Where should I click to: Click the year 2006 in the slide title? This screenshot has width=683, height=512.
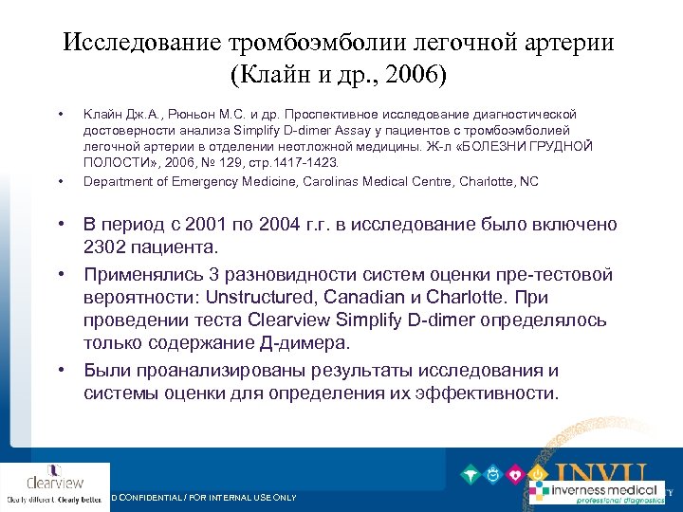tap(396, 74)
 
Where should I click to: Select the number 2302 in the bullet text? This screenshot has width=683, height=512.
tap(110, 247)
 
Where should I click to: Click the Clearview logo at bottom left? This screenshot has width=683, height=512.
tap(55, 483)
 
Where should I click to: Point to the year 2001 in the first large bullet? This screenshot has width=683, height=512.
tap(214, 225)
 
